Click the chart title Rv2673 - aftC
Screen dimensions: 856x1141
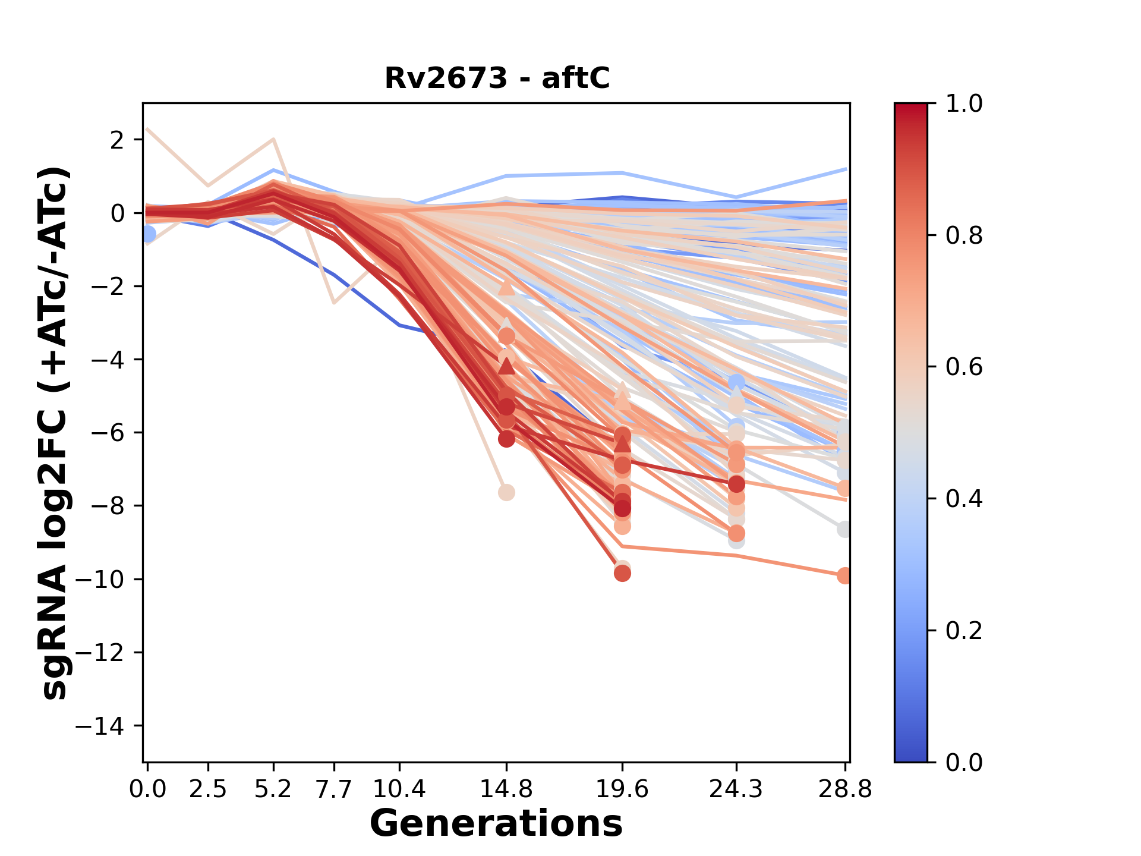(x=497, y=78)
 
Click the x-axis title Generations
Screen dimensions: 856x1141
(x=496, y=824)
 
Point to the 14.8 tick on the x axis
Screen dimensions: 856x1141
(x=506, y=789)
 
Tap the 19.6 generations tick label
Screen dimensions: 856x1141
(x=622, y=789)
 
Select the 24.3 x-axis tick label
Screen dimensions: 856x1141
(x=736, y=789)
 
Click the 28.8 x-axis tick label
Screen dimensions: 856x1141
(x=845, y=789)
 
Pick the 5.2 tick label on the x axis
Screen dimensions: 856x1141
(x=273, y=789)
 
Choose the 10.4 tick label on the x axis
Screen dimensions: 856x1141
(x=399, y=789)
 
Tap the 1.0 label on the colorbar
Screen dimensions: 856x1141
(x=964, y=104)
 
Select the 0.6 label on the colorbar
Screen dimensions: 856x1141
(x=964, y=367)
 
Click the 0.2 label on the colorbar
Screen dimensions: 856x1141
(x=964, y=631)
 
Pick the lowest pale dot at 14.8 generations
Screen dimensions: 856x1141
(x=506, y=493)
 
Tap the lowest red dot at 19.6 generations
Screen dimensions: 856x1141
(x=622, y=573)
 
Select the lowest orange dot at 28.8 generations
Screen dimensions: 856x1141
(x=844, y=575)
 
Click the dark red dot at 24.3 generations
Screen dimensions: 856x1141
(x=737, y=484)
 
